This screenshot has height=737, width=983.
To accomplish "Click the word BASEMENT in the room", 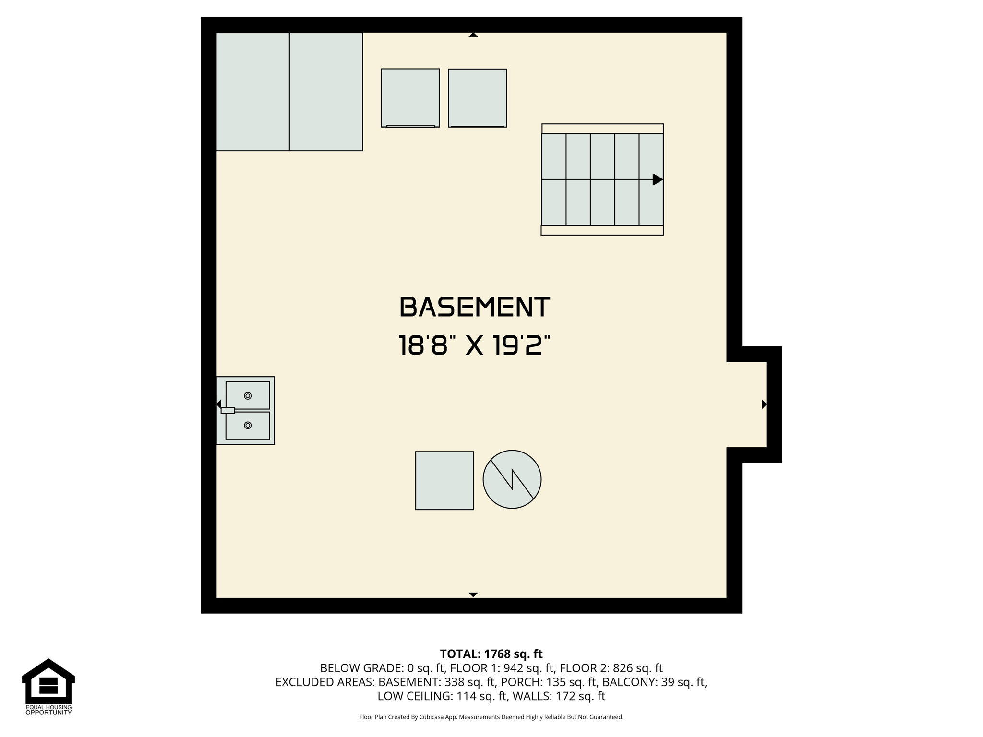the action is pos(474,307).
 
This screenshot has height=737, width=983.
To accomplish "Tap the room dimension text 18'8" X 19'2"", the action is pos(474,345).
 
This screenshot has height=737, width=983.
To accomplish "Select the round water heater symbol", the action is pos(512,479).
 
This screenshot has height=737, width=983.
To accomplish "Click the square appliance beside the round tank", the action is pos(444,480).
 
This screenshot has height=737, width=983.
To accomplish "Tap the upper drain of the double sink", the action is pos(248,396).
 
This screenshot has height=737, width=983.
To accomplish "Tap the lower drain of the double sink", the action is pos(248,426).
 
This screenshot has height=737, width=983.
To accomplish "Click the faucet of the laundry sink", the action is pos(228,411).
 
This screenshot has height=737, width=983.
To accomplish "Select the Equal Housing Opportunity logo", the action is pos(48,687).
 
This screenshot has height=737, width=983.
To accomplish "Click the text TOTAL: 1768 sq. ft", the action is pos(491,654).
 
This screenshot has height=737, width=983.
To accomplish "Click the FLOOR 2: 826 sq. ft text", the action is pos(611,668).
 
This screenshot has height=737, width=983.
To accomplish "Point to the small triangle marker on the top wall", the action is pos(473,35).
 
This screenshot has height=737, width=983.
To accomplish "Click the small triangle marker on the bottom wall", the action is pos(473,595).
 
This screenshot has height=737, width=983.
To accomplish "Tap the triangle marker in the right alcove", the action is pos(764,404).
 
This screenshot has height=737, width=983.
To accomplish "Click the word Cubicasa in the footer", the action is pos(431,717).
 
